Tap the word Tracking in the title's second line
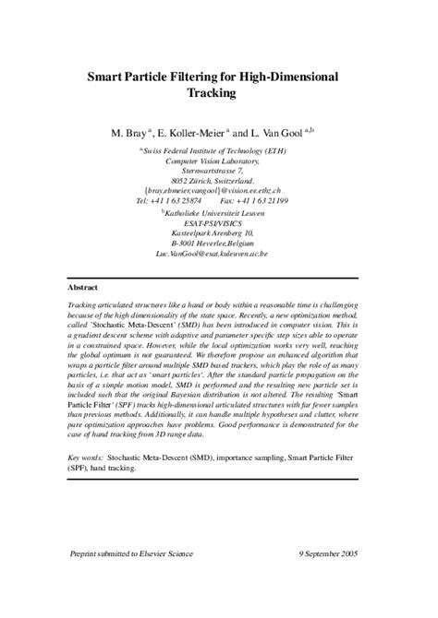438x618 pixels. coord(219,93)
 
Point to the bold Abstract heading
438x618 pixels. coord(87,288)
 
